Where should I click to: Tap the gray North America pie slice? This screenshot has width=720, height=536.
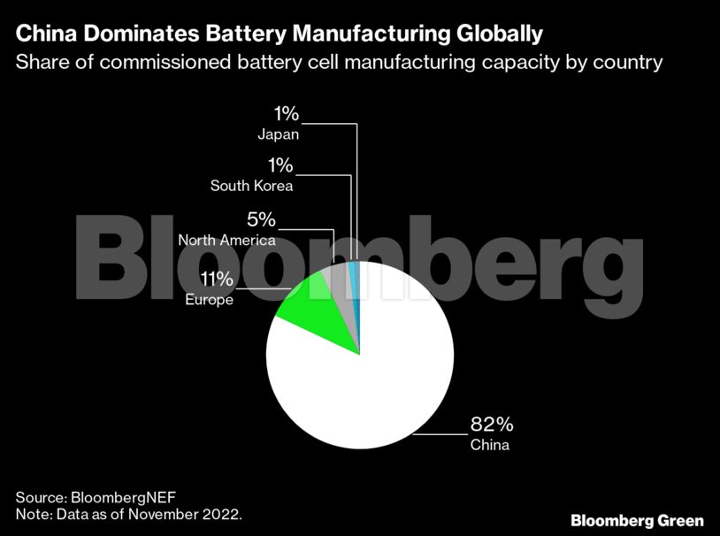[x=340, y=285]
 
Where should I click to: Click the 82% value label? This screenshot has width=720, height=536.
[x=489, y=425]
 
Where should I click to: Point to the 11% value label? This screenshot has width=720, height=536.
[x=217, y=280]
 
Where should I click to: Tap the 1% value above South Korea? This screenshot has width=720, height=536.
[x=280, y=166]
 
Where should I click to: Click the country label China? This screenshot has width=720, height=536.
[x=489, y=445]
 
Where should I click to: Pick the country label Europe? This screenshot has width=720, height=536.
[x=209, y=300]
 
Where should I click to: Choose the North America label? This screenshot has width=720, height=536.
[x=226, y=241]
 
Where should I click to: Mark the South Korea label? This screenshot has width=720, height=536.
[x=251, y=186]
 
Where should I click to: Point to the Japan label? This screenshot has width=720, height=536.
[x=278, y=134]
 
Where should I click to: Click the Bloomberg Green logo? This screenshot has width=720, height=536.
[x=637, y=520]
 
